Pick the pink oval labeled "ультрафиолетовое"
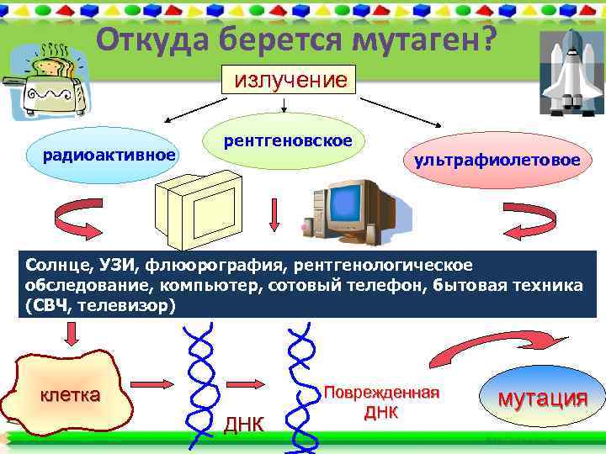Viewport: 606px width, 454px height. pyautogui.click(x=492, y=159)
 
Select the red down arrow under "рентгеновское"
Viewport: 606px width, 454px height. pyautogui.click(x=274, y=215)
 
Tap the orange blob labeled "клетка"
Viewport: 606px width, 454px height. pyautogui.click(x=71, y=393)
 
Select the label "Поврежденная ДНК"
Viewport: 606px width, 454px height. pyautogui.click(x=382, y=403)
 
